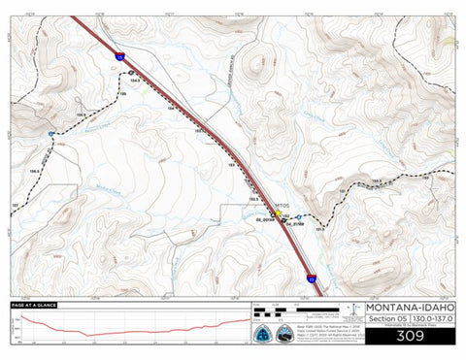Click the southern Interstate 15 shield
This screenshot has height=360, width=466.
coord(312,278)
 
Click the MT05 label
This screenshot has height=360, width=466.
coord(283,205)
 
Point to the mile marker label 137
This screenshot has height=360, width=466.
coord(15,207)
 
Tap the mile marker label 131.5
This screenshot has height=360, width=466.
coord(320,229)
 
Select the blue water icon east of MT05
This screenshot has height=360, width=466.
coord(286,215)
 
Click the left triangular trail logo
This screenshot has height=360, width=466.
coord(262,332)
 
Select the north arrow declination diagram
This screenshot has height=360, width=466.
coord(356,311)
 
